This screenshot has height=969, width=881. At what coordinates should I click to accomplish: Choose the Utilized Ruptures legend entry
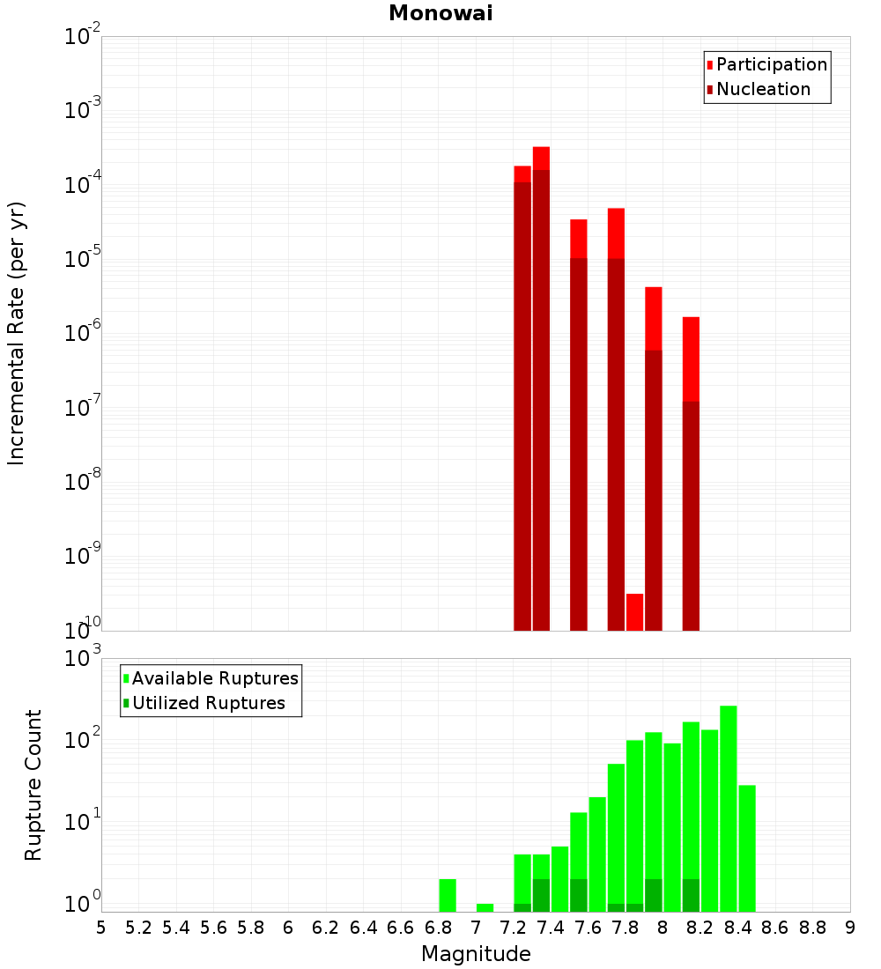(x=208, y=703)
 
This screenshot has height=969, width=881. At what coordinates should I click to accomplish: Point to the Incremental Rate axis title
(x=17, y=333)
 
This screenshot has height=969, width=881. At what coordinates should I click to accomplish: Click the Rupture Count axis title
(x=33, y=785)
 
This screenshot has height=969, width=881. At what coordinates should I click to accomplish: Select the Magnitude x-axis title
(x=476, y=954)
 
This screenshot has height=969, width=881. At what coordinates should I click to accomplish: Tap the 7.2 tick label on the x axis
(x=513, y=928)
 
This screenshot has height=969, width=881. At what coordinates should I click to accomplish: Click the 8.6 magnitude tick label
(x=775, y=928)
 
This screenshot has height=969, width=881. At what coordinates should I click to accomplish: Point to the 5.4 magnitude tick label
(x=176, y=928)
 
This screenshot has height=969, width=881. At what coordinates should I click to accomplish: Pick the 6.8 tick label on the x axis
(x=438, y=928)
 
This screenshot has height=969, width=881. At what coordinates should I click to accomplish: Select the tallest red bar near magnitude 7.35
(x=541, y=388)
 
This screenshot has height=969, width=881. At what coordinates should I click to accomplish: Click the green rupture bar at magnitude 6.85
(x=448, y=895)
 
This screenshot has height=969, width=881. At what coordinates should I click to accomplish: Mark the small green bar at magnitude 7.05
(x=485, y=907)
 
